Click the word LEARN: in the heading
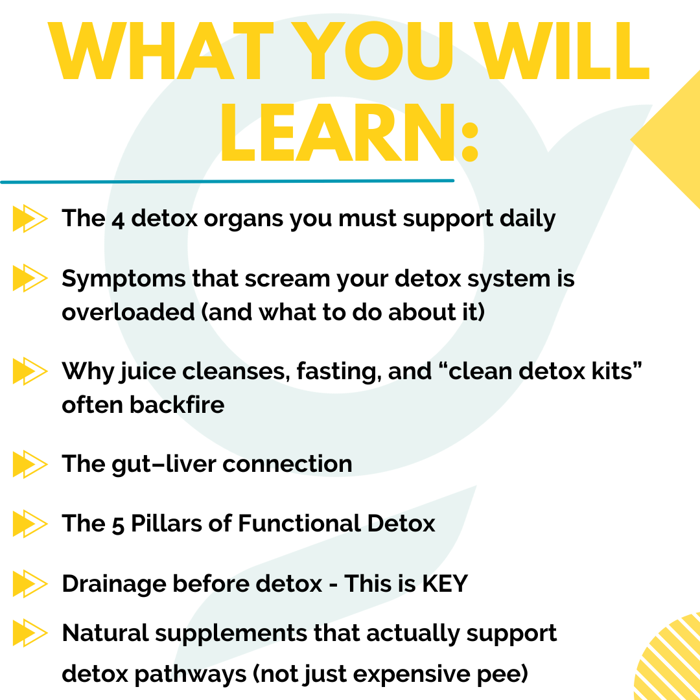[x=349, y=133]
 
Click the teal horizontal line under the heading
[x=227, y=181]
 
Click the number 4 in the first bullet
[x=118, y=220]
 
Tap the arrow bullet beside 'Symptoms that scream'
[x=30, y=278]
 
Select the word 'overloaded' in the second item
[x=128, y=312]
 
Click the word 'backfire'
[x=177, y=404]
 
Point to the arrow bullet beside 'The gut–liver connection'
[x=30, y=464]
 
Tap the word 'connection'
[x=288, y=464]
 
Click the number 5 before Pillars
[x=118, y=525]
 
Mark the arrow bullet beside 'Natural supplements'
[x=30, y=633]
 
